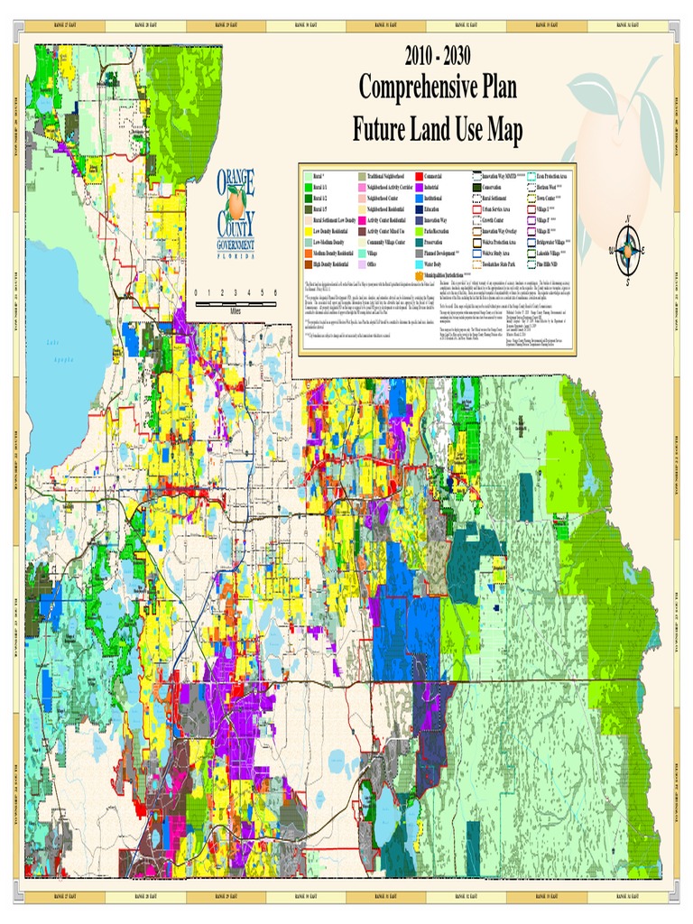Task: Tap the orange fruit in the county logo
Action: pos(236,205)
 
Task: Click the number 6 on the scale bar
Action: pos(274,293)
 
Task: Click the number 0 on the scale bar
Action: pos(197,293)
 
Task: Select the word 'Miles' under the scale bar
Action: pos(236,310)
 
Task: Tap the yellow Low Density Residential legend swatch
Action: pos(306,231)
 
